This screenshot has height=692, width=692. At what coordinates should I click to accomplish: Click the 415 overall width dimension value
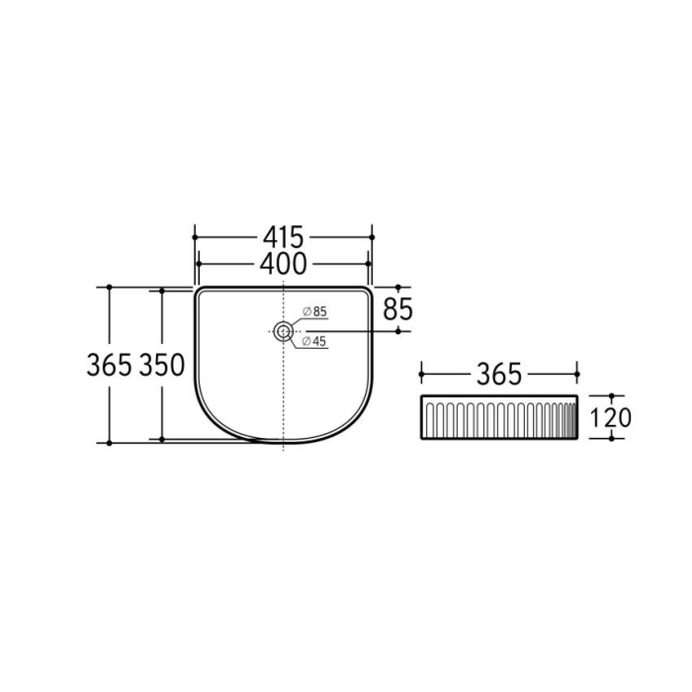point(284,237)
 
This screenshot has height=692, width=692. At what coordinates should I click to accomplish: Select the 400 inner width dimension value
point(284,263)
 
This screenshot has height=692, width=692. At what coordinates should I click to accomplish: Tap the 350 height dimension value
point(162,365)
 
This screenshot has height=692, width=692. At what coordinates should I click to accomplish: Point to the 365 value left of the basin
point(109,365)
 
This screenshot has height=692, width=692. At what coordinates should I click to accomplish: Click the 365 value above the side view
point(499,375)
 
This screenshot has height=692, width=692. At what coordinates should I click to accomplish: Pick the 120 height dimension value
point(610,417)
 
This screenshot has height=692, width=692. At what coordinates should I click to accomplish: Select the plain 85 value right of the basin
point(397,308)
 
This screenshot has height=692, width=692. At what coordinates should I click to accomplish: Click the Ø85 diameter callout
point(314,312)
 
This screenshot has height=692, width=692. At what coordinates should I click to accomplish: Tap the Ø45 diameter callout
point(314,341)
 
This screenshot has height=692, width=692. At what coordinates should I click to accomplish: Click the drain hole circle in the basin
point(284,331)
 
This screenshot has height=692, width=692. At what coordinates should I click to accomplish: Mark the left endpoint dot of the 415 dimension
point(195,237)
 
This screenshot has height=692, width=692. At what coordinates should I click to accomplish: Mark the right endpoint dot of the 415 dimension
point(372,237)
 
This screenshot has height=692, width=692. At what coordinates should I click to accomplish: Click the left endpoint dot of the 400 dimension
point(199,263)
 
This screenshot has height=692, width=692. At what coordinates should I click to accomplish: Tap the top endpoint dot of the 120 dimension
point(610,395)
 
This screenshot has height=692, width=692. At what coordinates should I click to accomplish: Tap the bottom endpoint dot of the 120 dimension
point(610,439)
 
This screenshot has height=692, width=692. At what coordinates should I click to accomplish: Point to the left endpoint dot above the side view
point(422,375)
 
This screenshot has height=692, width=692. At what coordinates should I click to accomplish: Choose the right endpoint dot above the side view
point(577,375)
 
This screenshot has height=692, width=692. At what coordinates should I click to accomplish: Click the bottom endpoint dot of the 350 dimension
point(162,439)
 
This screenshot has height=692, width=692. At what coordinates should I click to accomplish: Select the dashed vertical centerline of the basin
point(284,395)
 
